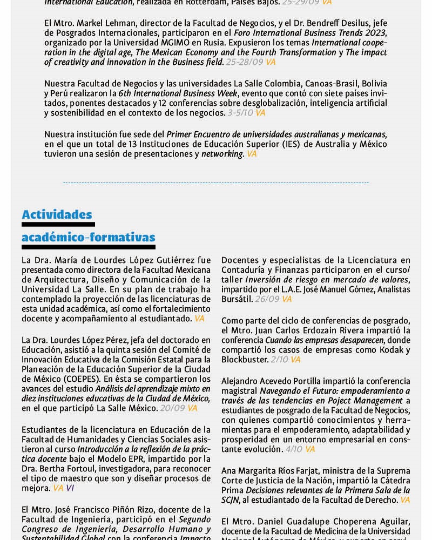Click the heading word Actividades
click(57, 215)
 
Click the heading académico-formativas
click(88, 238)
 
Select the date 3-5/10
click(240, 113)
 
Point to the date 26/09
click(267, 299)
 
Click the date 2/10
click(279, 359)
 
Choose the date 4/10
click(294, 449)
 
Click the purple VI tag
click(71, 488)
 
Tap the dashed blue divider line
click(216, 183)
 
